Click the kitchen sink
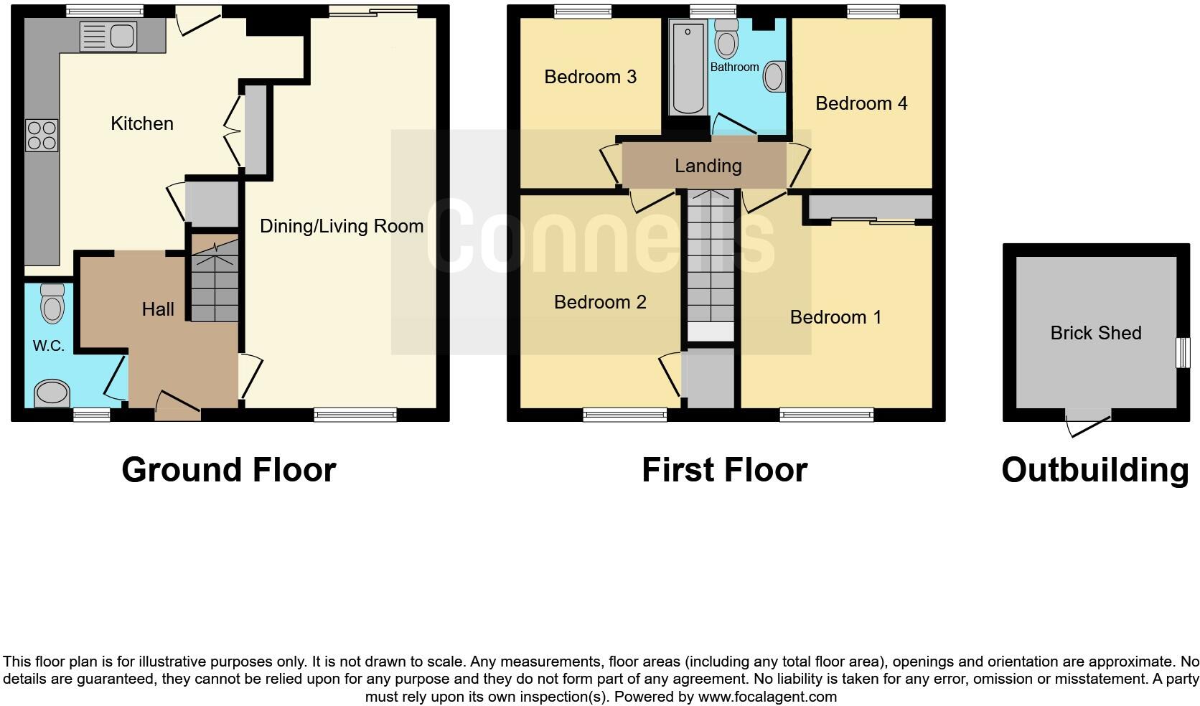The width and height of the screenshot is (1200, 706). (108, 37)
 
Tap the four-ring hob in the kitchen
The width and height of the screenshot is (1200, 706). (42, 136)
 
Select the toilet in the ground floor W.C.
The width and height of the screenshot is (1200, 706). (52, 303)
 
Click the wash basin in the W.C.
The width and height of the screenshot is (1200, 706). (52, 392)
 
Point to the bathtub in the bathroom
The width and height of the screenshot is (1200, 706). (688, 67)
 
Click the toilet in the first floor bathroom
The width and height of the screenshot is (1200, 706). (727, 39)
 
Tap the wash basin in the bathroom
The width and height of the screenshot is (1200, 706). (774, 76)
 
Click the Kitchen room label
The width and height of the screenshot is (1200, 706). (142, 123)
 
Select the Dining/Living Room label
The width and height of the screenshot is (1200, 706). (342, 227)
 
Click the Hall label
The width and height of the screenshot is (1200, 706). (158, 309)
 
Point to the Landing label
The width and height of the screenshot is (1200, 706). (708, 166)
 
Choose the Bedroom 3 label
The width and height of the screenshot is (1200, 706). (590, 77)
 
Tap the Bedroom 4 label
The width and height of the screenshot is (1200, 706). (861, 103)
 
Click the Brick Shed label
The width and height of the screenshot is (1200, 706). (1095, 333)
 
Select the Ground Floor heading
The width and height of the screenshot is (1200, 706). (229, 471)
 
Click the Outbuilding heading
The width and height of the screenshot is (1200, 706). (1095, 471)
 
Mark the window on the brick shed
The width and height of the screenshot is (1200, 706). (1182, 353)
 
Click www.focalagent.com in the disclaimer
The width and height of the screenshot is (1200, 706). (767, 697)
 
